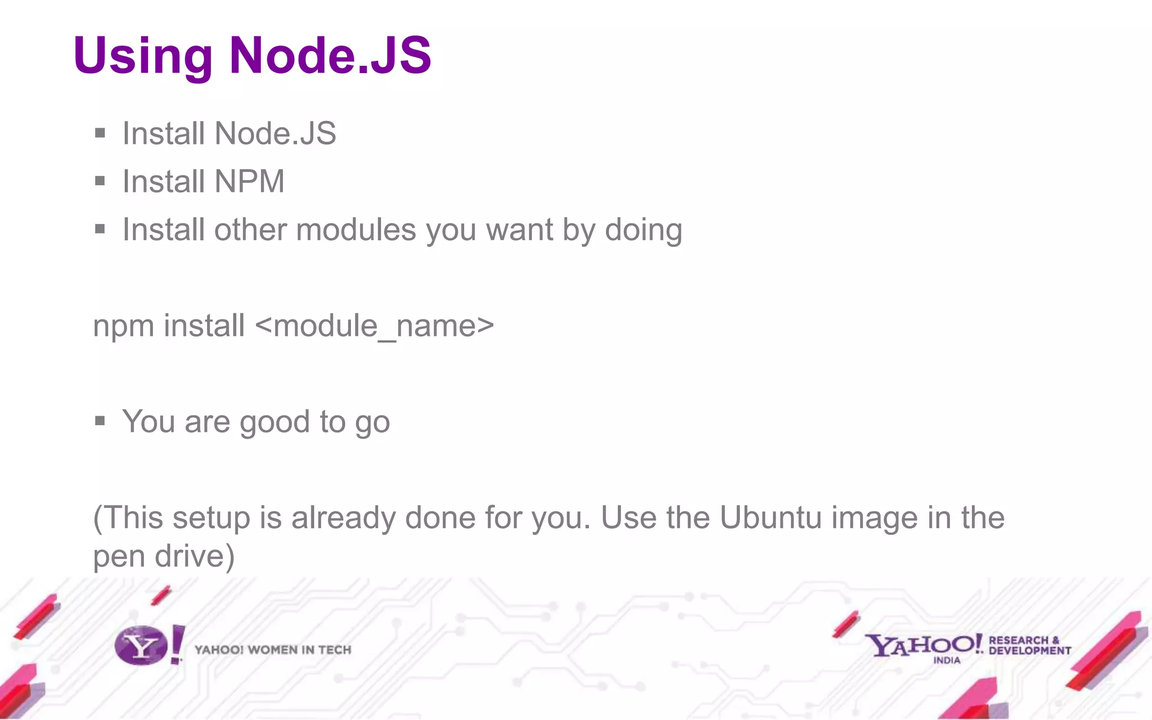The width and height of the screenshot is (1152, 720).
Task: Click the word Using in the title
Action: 142,56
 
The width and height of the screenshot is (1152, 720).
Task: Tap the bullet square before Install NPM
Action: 100,181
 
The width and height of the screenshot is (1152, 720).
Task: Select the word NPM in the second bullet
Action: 249,181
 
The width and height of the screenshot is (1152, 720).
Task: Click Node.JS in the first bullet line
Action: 275,133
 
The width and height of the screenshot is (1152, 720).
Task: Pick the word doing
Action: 643,230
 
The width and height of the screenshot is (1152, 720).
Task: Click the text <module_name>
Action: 375,326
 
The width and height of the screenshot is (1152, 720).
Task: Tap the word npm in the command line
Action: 123,327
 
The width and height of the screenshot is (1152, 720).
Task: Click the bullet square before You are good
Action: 100,421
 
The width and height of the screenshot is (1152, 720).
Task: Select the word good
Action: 275,422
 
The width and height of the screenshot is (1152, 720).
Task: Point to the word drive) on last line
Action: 195,556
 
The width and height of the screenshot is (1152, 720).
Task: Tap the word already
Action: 343,519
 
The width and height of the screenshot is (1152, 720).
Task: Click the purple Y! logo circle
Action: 141,645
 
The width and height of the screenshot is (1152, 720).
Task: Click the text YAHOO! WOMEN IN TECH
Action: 273,650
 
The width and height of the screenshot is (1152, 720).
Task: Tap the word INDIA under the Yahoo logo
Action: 947,660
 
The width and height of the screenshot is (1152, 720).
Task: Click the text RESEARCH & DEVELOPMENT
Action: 1029,645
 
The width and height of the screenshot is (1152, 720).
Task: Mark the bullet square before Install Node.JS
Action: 100,133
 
